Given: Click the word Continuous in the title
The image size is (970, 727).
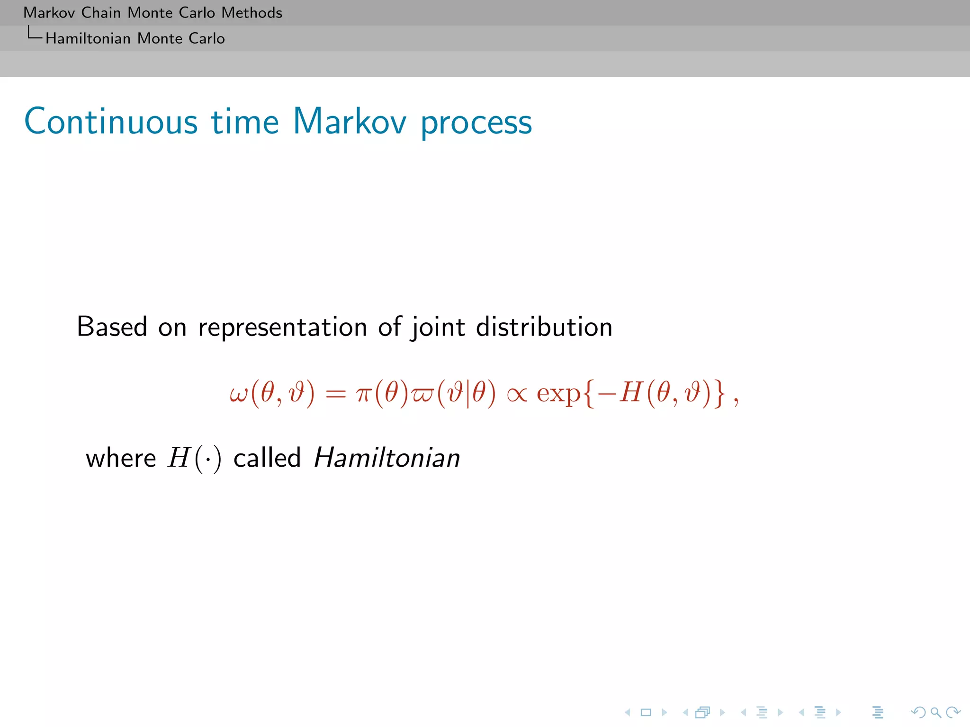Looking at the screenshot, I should tap(110, 122).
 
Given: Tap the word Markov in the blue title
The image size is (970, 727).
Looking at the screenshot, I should tap(350, 122).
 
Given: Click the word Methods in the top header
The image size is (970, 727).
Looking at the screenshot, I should tap(251, 12).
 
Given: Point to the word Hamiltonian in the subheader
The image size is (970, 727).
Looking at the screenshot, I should tap(88, 38).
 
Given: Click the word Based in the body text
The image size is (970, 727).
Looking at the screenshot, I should tap(112, 327).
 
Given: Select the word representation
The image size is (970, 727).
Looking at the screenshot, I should tap(282, 328).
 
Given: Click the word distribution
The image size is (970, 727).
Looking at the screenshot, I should tap(544, 327).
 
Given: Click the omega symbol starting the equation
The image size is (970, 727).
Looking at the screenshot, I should tap(238, 394).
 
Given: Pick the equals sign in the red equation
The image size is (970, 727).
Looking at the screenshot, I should tap(336, 394).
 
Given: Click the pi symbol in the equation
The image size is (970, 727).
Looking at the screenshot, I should tap(363, 394).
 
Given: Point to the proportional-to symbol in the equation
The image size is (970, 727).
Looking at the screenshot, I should tap(517, 394).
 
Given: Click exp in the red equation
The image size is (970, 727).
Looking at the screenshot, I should tap(558, 394).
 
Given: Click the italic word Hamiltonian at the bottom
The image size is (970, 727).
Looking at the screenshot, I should tap(386, 458).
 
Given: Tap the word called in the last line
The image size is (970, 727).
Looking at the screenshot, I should tap(267, 458).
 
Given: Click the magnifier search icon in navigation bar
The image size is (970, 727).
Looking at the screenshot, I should tap(935, 712).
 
